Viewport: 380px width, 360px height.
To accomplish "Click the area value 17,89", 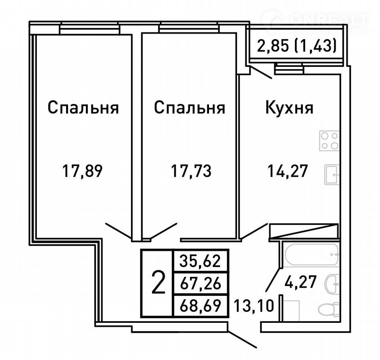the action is coord(82,171).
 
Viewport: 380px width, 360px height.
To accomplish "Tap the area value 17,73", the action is coord(191,171).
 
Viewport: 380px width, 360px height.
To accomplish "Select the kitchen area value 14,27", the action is coord(288,171).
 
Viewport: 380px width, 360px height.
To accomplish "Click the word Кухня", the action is coord(289,108).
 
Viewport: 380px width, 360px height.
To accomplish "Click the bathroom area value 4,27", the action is coord(300,282).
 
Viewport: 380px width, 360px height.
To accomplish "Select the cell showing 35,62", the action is coord(200,261).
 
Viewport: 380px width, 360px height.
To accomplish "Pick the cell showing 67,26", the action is coord(200,283).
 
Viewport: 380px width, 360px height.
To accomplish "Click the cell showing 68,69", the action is coord(200,306).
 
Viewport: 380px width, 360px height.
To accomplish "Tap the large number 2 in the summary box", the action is coord(158,283).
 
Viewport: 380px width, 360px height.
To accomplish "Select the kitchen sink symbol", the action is coord(332,174).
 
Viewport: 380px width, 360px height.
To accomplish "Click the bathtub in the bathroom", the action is coord(312,255).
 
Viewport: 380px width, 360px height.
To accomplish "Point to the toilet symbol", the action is coord(329,309).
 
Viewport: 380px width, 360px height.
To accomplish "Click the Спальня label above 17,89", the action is coord(83,108).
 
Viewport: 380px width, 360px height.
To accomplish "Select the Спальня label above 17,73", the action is coord(190,108).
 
